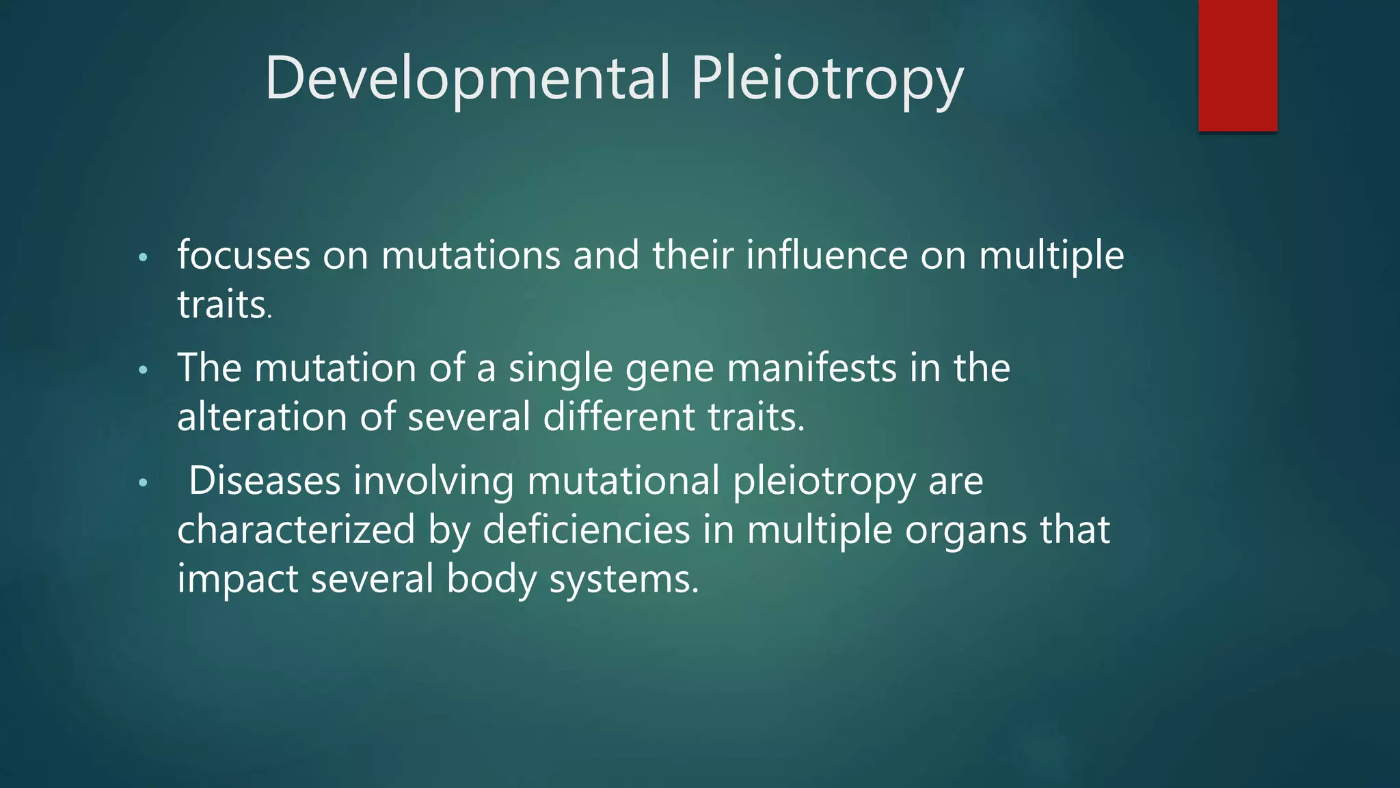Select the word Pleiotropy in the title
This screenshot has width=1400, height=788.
[827, 79]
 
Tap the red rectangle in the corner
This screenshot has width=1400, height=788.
[1237, 65]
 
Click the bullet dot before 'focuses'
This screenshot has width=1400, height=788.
[142, 259]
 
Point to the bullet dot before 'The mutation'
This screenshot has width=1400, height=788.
[142, 371]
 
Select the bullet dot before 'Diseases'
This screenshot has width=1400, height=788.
[142, 484]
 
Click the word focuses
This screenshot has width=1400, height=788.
[244, 256]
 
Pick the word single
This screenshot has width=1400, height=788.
[561, 369]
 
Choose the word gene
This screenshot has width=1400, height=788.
[669, 369]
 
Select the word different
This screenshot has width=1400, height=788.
[619, 417]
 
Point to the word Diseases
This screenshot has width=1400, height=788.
[265, 481]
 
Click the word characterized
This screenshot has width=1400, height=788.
[296, 530]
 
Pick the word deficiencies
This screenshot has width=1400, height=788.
[586, 530]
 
